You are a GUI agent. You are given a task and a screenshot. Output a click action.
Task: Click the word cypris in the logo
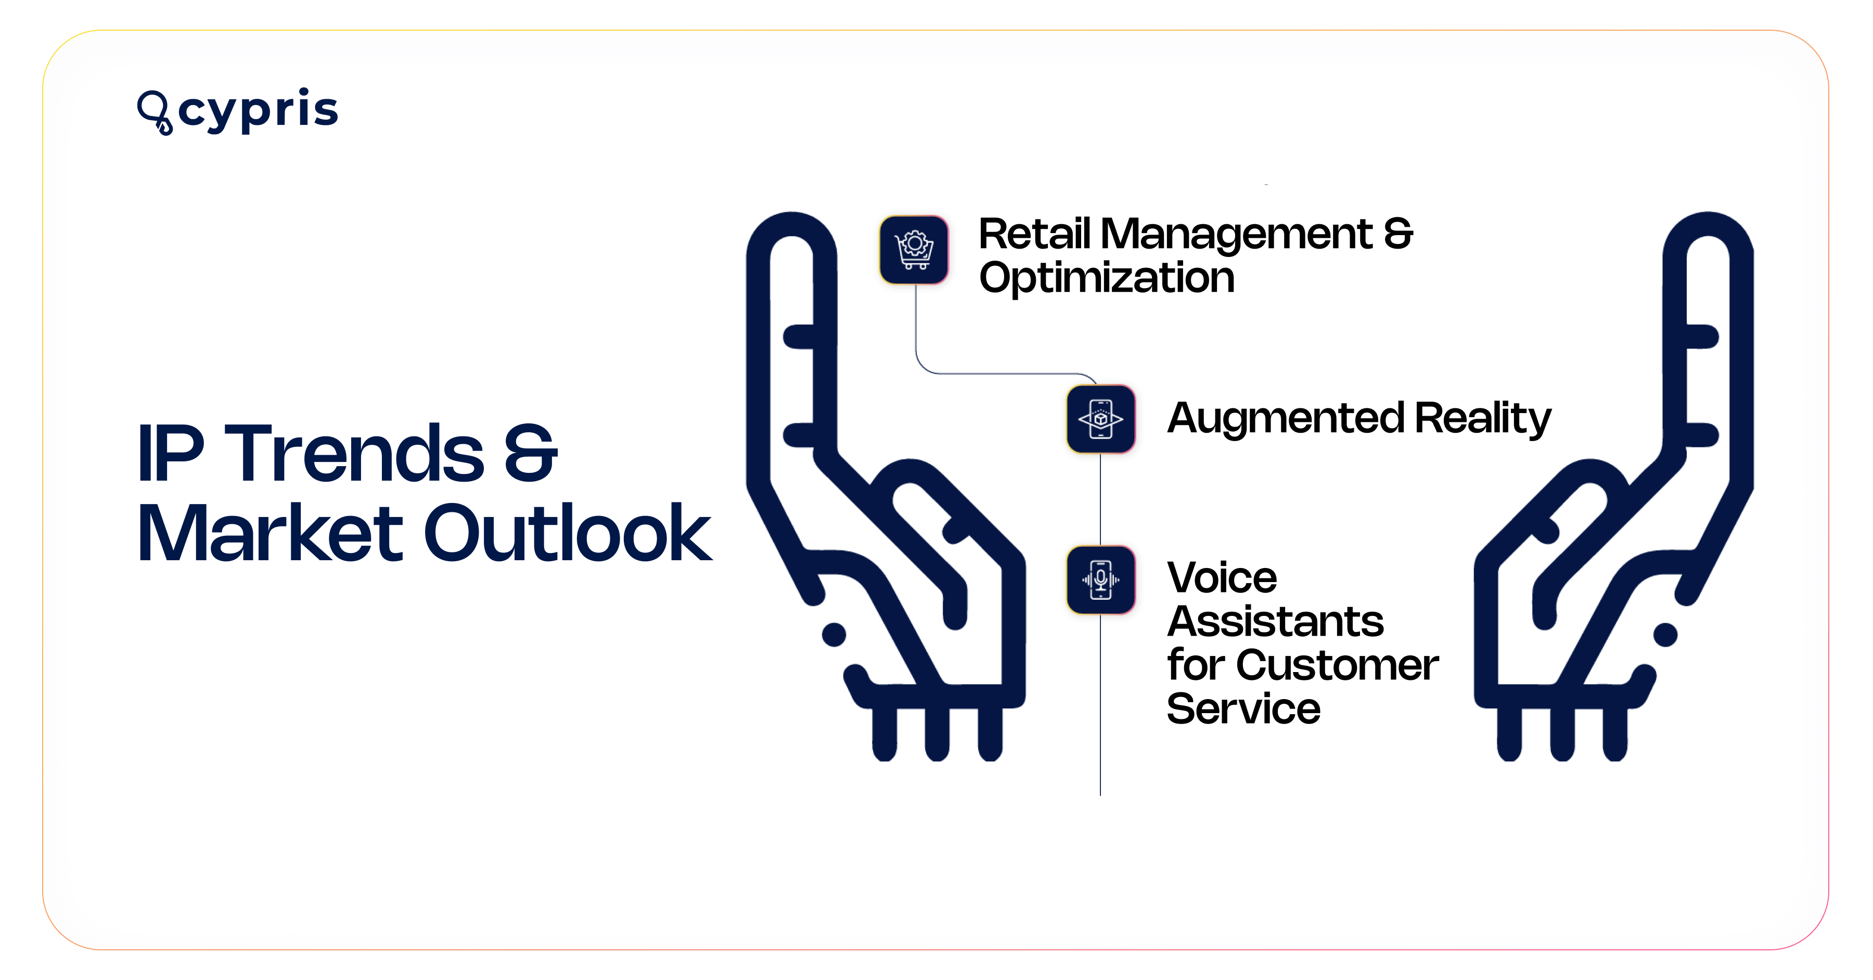[x=258, y=110]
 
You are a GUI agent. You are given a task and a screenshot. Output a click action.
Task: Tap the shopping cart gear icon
[x=914, y=249]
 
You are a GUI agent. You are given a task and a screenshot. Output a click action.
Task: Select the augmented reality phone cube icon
[x=1101, y=419]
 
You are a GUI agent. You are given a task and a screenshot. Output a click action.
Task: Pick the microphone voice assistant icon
[x=1101, y=579]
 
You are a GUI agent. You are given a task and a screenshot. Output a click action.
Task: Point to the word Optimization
[x=1106, y=278]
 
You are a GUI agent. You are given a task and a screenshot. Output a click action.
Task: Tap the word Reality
[x=1483, y=419]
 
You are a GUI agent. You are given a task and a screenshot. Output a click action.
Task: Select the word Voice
[x=1222, y=578]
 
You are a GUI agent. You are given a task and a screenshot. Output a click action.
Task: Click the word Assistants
[x=1275, y=622]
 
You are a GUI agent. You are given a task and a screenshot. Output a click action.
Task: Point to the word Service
[x=1243, y=709]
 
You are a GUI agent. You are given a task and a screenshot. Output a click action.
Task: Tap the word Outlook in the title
[x=567, y=534]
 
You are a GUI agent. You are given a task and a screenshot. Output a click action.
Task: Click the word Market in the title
[x=270, y=534]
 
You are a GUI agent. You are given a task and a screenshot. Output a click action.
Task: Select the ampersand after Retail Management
[x=1397, y=235]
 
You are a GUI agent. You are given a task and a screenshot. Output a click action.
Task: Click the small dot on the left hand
[x=833, y=634]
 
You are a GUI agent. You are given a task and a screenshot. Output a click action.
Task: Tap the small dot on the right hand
[x=1665, y=634]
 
